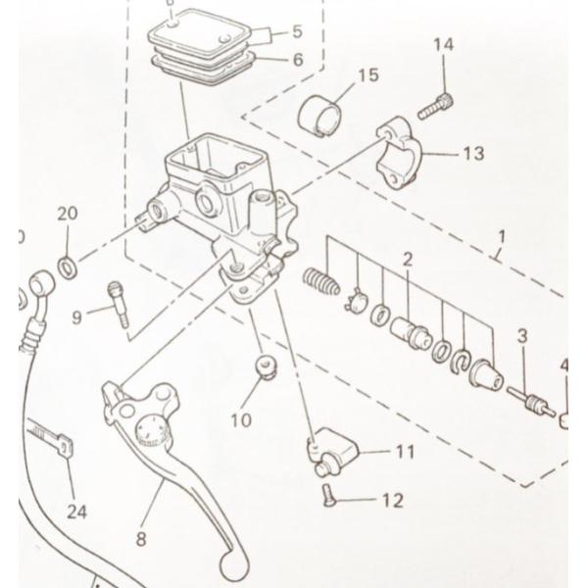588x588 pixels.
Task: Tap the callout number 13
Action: pyautogui.click(x=473, y=153)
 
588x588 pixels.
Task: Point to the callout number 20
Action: pyautogui.click(x=67, y=215)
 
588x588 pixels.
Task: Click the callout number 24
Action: pyautogui.click(x=76, y=510)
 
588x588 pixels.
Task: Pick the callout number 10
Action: pyautogui.click(x=241, y=420)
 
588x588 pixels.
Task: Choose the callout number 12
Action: pyautogui.click(x=392, y=501)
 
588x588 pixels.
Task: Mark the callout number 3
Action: pyautogui.click(x=522, y=337)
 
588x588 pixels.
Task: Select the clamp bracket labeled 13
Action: pyautogui.click(x=405, y=155)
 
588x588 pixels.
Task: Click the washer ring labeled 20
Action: pyautogui.click(x=68, y=266)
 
